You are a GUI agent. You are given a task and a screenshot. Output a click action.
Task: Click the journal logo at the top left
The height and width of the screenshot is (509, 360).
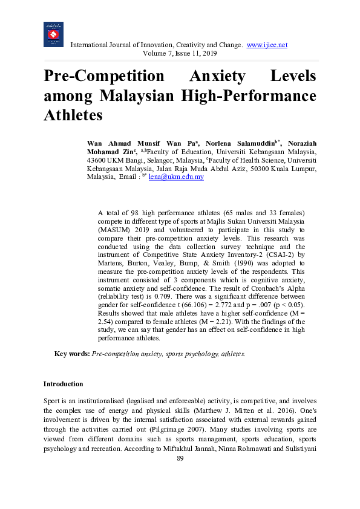tap(53, 34)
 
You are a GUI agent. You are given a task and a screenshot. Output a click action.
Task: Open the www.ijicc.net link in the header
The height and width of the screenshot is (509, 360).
tap(267, 45)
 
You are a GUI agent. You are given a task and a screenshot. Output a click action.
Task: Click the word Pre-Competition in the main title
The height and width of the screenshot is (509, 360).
tap(103, 77)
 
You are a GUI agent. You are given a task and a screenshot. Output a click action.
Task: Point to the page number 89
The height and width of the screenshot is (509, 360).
tap(180, 459)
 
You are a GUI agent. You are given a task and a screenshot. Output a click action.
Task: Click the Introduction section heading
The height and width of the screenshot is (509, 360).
tap(63, 384)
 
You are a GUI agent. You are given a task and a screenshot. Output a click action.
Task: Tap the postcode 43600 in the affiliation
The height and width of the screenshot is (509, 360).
tap(98, 160)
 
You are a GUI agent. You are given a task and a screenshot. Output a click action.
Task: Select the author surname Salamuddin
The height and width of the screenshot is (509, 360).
tap(245, 143)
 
